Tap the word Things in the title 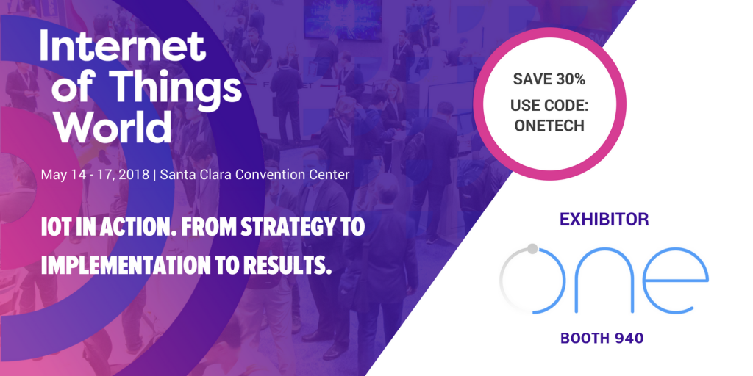[179, 89]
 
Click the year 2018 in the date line [135, 175]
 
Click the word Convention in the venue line [258, 175]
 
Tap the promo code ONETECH [549, 125]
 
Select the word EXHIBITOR [604, 220]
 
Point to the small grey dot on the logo [532, 248]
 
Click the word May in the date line [51, 175]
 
